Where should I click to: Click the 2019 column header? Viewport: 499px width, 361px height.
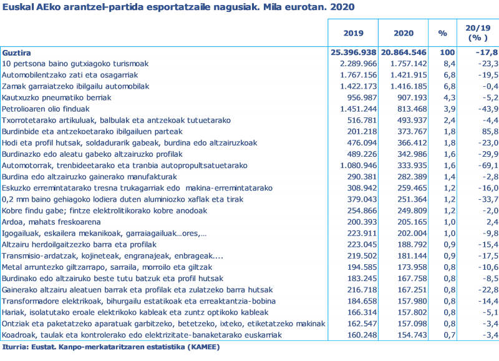tap(353, 33)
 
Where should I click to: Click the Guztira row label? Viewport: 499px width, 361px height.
tap(16, 53)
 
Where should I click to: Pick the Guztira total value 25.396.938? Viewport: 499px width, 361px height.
tap(353, 53)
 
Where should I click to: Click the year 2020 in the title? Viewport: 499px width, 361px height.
tap(342, 7)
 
